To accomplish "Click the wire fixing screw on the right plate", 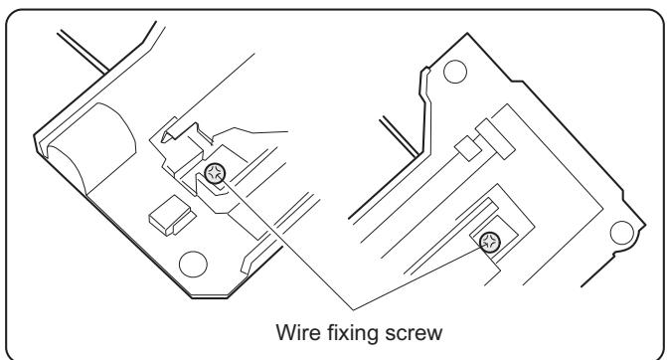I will [489, 241].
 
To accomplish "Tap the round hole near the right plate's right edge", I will [622, 231].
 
